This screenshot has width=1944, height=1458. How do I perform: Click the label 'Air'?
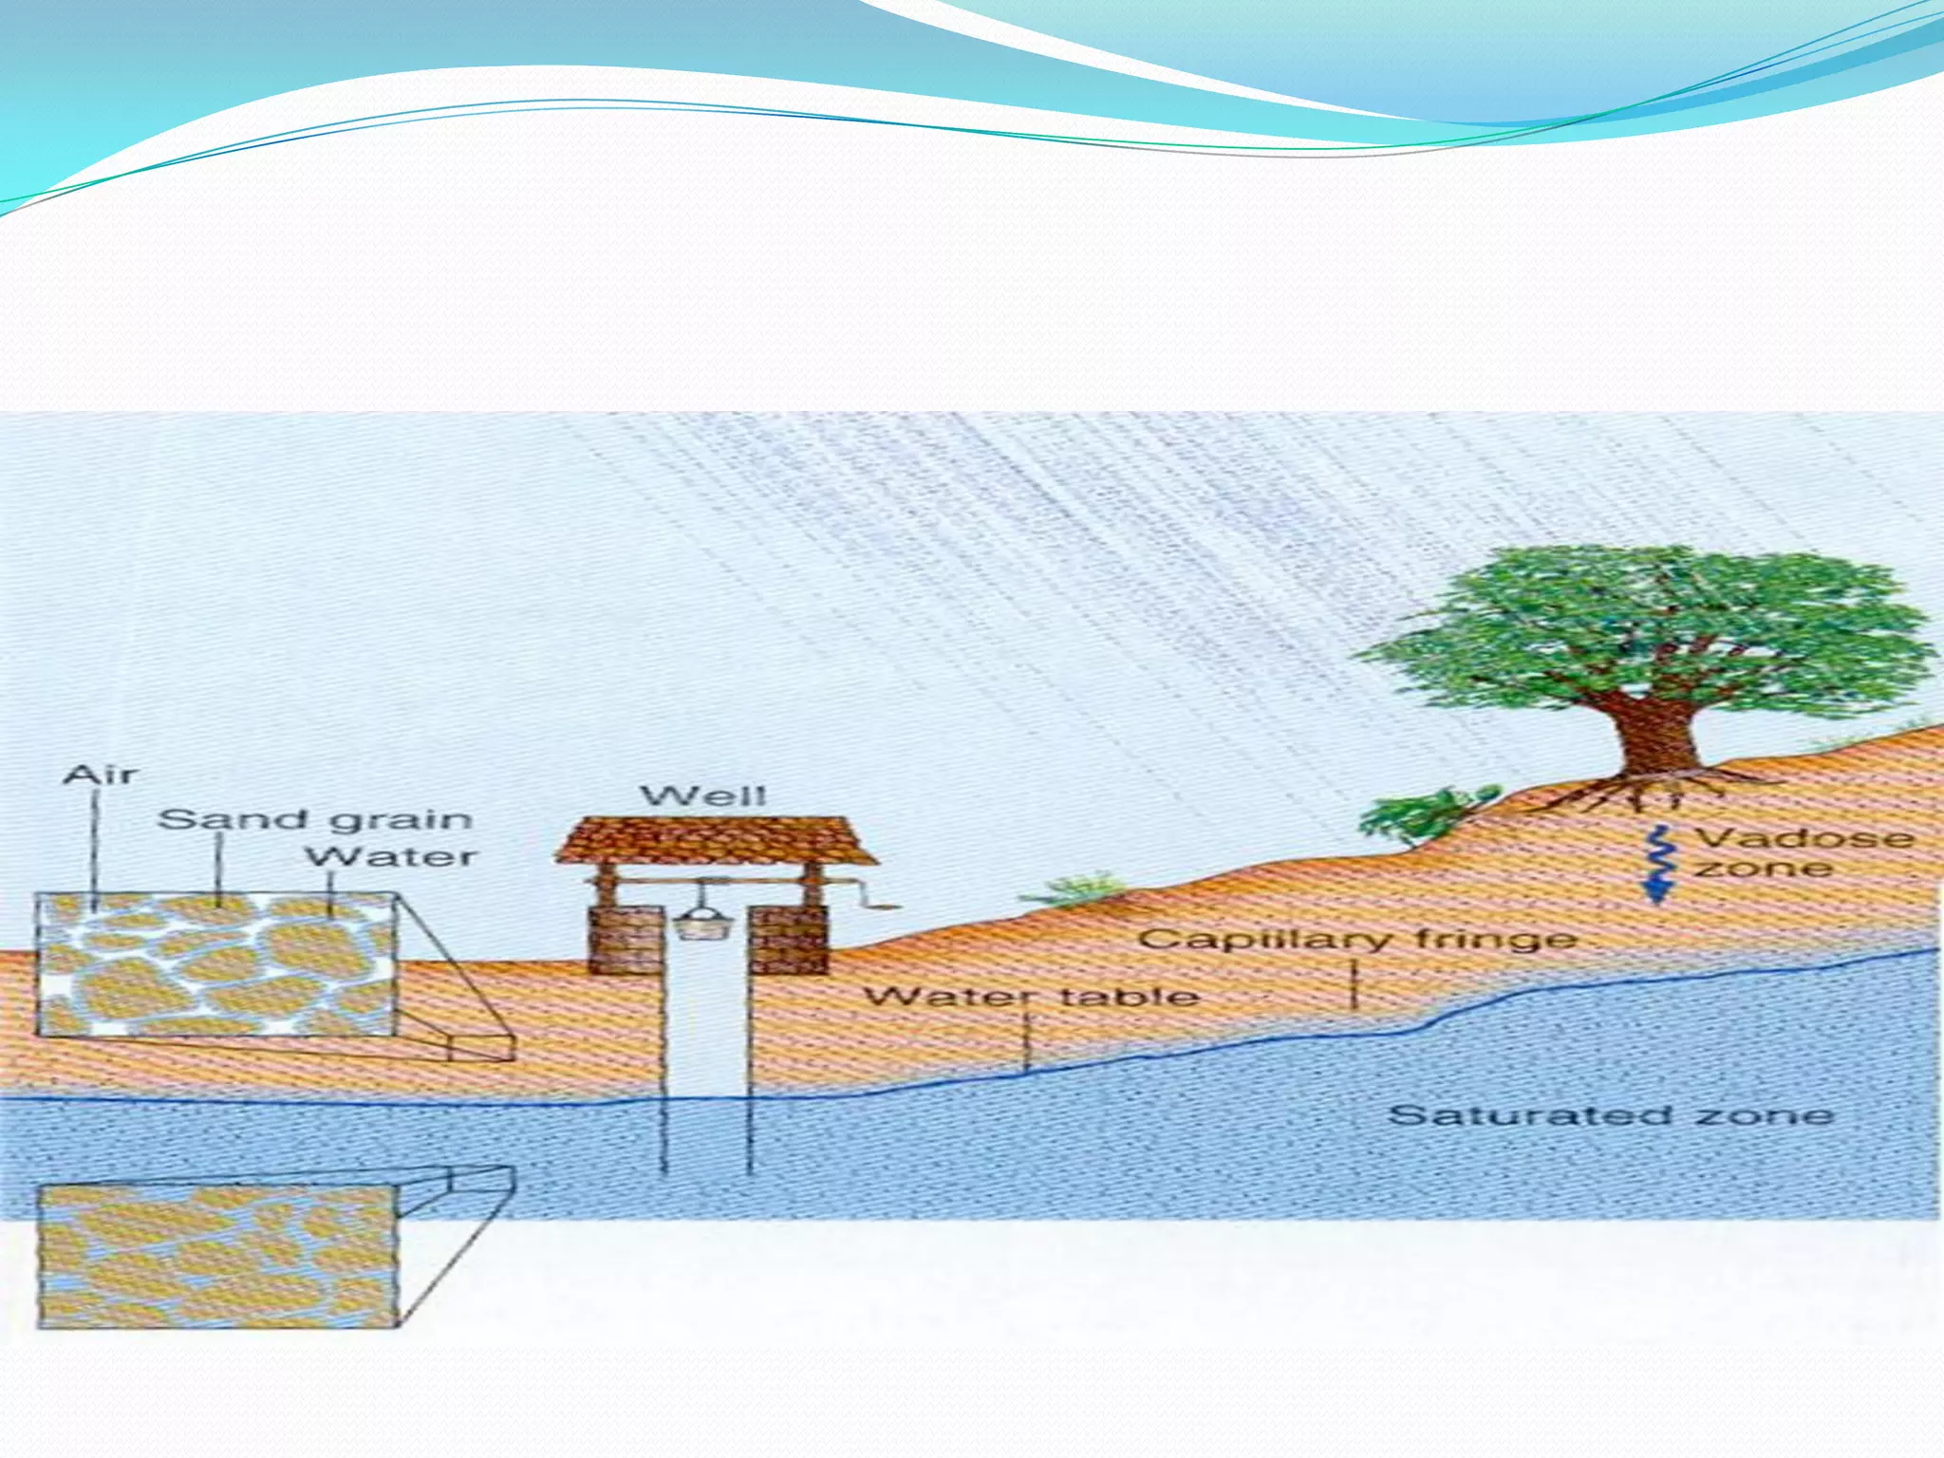coord(100,776)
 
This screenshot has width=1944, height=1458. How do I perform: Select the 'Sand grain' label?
coord(314,819)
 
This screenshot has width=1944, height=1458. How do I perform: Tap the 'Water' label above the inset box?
coord(390,856)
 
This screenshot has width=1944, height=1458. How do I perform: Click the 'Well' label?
coord(703,795)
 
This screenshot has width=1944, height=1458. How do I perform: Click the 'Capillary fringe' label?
coord(1357,940)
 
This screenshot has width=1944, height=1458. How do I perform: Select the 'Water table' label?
coord(1032,996)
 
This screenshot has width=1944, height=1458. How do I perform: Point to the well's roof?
coord(716,839)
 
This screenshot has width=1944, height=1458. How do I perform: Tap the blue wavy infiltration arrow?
coord(1659,864)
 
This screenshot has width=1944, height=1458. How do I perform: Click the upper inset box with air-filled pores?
coord(216,964)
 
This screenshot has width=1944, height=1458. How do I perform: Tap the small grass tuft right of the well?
coord(1077,889)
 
